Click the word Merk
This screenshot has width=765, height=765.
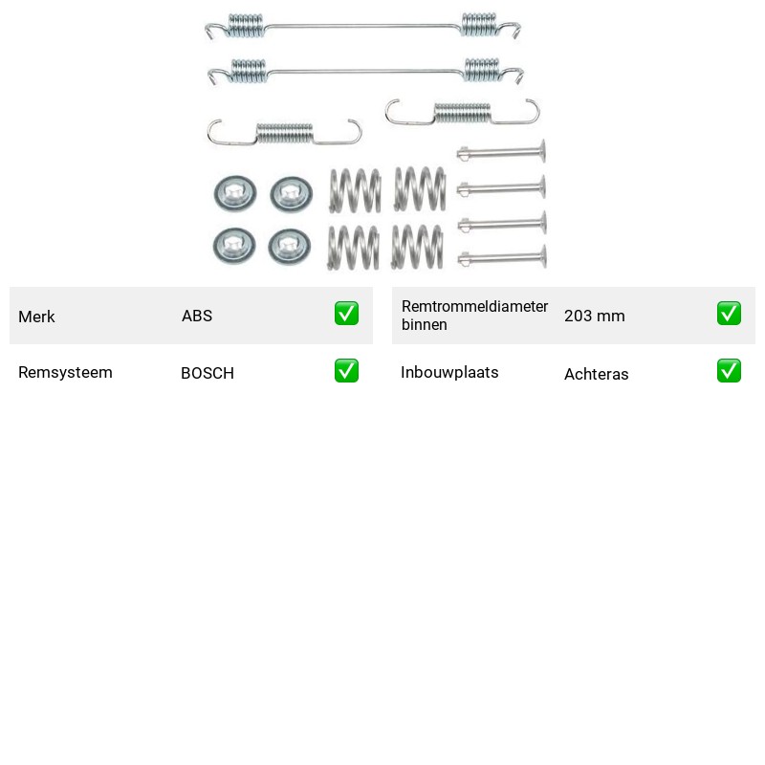tap(36, 317)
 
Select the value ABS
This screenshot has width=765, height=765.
tap(197, 316)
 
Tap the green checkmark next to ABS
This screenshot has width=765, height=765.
tap(346, 314)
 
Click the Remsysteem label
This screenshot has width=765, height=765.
tap(65, 372)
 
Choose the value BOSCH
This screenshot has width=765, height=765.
tap(208, 373)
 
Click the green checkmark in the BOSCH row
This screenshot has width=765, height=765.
tap(346, 371)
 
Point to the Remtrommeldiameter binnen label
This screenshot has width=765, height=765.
tap(474, 316)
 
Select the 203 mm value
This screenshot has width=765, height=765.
tap(594, 316)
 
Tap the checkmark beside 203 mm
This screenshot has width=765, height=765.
tap(729, 314)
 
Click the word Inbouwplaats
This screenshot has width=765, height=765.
tap(449, 372)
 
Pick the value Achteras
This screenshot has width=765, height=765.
tap(596, 374)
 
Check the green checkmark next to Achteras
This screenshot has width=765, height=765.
tap(729, 371)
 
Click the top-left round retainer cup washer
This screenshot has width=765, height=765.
tap(235, 194)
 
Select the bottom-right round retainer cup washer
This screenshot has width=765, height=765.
tap(290, 247)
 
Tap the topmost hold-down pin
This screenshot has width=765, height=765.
tap(501, 153)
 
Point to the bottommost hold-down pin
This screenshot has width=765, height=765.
tap(502, 258)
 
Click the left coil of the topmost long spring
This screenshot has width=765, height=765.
tap(247, 26)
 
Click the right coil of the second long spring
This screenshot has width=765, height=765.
tap(482, 70)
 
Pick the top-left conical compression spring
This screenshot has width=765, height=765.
tap(355, 190)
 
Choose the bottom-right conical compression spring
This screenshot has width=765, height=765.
tap(418, 247)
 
